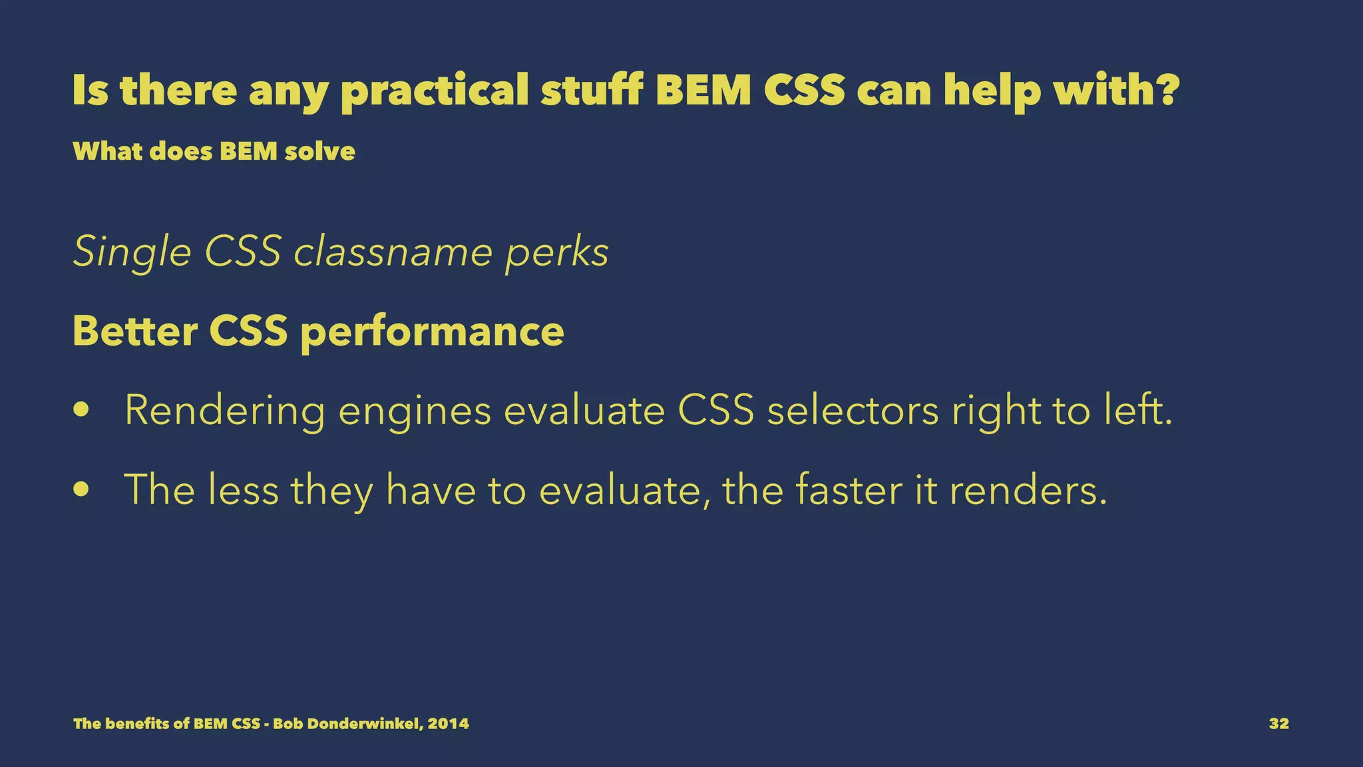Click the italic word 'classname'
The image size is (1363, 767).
(x=393, y=253)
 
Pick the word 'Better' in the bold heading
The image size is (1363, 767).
(x=134, y=331)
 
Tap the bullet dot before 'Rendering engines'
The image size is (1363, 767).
(x=81, y=411)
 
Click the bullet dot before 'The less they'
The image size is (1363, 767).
(x=81, y=490)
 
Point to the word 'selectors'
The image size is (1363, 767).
(x=853, y=411)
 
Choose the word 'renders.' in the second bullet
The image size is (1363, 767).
(x=1027, y=490)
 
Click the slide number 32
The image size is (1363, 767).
(x=1278, y=724)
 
